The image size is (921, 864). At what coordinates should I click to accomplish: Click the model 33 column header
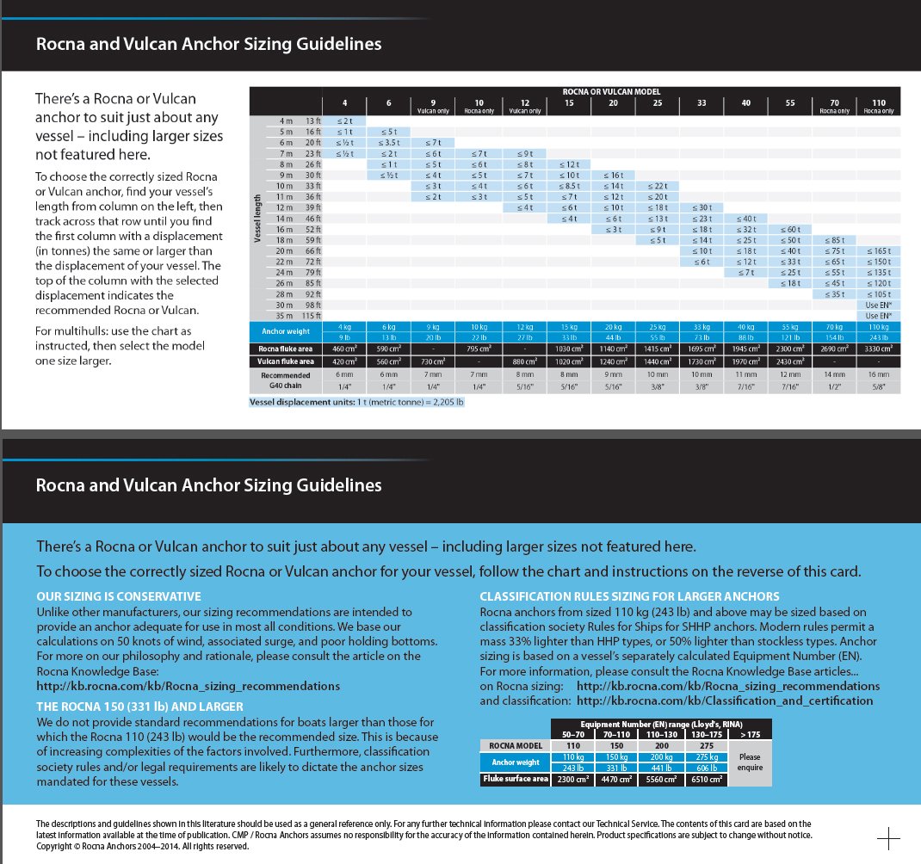point(702,103)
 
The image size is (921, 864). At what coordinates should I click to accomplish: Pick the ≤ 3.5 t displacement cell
point(390,143)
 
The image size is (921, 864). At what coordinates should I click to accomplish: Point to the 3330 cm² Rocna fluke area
point(879,349)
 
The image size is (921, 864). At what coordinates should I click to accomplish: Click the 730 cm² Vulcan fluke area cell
point(434,362)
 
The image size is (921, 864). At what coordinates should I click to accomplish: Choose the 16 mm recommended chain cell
point(879,376)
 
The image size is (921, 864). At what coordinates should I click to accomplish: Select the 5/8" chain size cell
point(879,388)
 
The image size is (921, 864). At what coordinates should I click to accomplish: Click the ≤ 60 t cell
point(789,230)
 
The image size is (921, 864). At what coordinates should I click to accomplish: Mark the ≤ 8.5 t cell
point(569,186)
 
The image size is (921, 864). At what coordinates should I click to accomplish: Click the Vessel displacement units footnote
point(356,402)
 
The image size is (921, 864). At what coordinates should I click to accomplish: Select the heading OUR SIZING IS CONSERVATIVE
point(119,596)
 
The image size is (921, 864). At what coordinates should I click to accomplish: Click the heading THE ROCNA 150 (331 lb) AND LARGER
point(139,706)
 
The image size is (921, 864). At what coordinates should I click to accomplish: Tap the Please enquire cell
point(751,762)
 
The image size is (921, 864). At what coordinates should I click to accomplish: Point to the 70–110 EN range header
point(618,735)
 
